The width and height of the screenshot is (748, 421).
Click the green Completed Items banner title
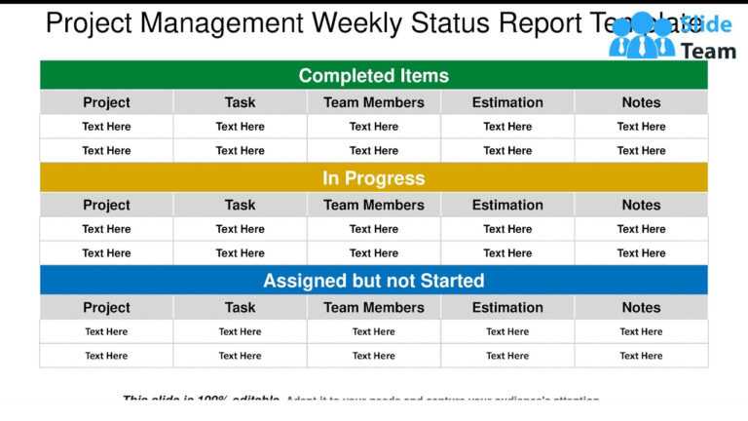click(374, 76)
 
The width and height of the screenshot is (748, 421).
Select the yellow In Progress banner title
click(374, 178)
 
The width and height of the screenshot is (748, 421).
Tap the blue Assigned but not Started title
click(374, 281)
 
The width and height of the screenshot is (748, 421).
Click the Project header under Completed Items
click(106, 102)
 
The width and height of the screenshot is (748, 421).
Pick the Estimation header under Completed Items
click(507, 102)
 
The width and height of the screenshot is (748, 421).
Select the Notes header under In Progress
click(641, 205)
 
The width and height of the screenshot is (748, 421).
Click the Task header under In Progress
click(240, 205)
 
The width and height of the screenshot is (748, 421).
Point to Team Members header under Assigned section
click(374, 307)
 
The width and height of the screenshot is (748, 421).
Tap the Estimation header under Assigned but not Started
click(507, 307)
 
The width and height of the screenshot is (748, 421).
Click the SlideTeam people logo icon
click(641, 38)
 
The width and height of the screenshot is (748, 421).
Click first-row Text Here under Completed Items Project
click(106, 127)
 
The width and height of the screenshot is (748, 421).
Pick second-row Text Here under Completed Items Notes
click(641, 151)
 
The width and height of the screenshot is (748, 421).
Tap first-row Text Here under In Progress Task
click(240, 229)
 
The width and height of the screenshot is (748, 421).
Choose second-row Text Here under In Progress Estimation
click(507, 253)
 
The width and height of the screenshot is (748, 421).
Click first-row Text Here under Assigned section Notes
click(641, 331)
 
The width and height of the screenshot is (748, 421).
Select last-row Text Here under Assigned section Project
click(106, 356)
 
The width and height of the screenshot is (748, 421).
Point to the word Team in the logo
click(708, 51)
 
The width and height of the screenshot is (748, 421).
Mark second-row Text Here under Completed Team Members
click(374, 151)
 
